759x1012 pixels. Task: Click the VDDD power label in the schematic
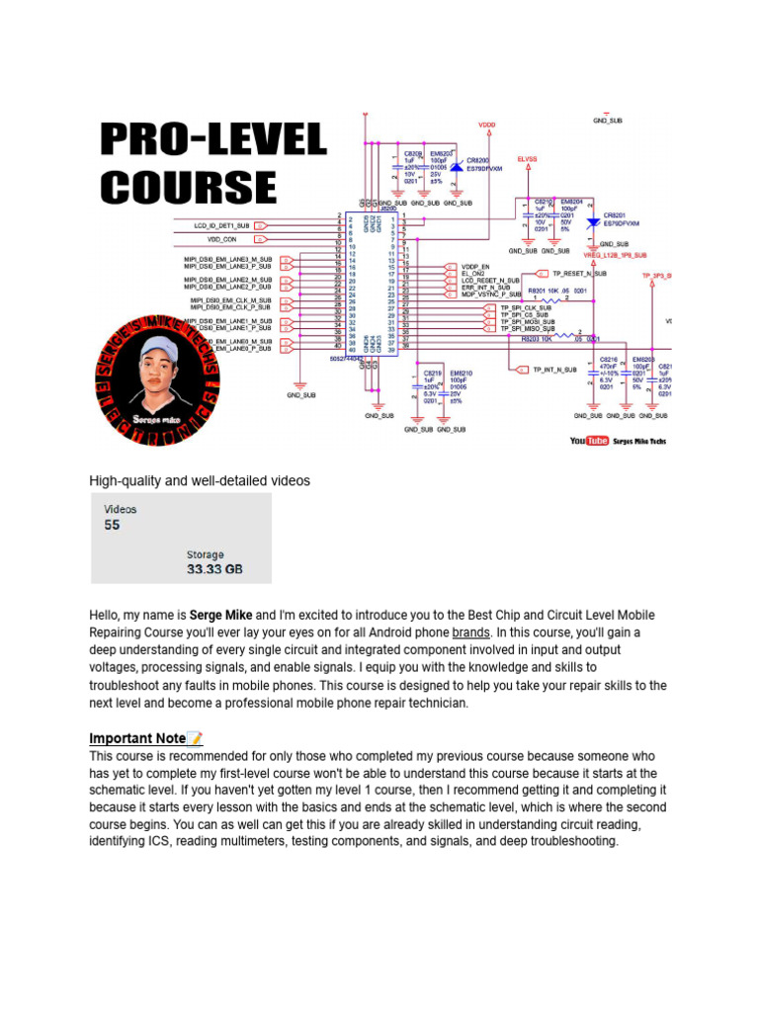coord(487,126)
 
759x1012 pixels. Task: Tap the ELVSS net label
coord(529,158)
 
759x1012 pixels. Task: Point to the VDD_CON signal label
coord(221,238)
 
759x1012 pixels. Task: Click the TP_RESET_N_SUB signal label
coord(580,273)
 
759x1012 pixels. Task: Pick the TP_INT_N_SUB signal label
coord(554,370)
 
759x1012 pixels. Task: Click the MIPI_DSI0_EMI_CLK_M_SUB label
coord(230,300)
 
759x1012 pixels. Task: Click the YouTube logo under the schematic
coord(589,441)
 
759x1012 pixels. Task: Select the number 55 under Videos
coord(112,526)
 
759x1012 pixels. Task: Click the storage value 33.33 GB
coord(214,570)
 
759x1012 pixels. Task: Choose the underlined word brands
coord(470,632)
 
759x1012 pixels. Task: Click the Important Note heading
coord(136,738)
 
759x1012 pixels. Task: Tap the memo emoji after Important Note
coord(195,738)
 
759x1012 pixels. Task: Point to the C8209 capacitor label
coord(413,154)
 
